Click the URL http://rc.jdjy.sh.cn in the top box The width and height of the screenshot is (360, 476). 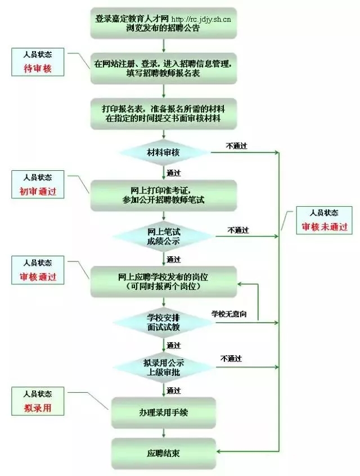pyautogui.click(x=201, y=20)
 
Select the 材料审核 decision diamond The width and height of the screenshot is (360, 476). pyautogui.click(x=164, y=152)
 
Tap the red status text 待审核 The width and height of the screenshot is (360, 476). pyautogui.click(x=38, y=69)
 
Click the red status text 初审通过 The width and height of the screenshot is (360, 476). pyautogui.click(x=38, y=192)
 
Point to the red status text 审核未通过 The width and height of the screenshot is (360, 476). pyautogui.click(x=324, y=227)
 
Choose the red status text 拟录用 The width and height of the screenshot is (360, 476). pyautogui.click(x=38, y=408)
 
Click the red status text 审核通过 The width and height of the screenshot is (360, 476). pyautogui.click(x=38, y=277)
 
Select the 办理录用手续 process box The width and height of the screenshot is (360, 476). pyautogui.click(x=164, y=412)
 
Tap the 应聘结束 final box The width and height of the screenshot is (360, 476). pyautogui.click(x=164, y=453)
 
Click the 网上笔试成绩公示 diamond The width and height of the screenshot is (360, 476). pyautogui.click(x=164, y=237)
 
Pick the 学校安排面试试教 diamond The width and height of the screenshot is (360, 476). pyautogui.click(x=164, y=323)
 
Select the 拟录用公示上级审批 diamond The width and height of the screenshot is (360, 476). pyautogui.click(x=164, y=368)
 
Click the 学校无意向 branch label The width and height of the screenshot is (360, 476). pyautogui.click(x=229, y=314)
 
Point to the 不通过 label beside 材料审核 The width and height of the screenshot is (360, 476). pyautogui.click(x=237, y=146)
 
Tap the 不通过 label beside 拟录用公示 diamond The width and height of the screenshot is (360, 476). pyautogui.click(x=231, y=359)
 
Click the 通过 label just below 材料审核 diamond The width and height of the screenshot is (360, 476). pyautogui.click(x=174, y=173)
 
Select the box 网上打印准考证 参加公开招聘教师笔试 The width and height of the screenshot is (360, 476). pyautogui.click(x=164, y=196)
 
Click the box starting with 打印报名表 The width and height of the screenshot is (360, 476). pyautogui.click(x=164, y=114)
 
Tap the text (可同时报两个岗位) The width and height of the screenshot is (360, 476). pyautogui.click(x=163, y=286)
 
